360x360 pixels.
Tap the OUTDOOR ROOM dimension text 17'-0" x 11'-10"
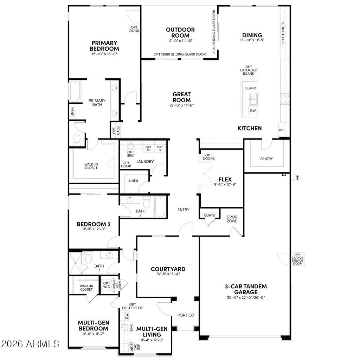180,41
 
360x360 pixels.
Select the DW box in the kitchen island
253,111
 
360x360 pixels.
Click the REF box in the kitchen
282,130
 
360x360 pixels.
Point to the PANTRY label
266,159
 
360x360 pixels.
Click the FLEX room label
225,179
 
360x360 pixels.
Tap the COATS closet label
209,215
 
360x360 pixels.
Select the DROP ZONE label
232,219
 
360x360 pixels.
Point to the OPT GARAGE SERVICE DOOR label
297,259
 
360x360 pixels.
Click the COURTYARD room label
168,269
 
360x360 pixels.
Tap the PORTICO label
186,315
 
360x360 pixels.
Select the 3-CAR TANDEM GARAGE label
246,289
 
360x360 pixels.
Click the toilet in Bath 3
88,259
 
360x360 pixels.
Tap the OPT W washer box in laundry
148,148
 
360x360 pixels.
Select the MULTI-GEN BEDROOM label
93,326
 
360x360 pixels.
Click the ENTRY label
183,210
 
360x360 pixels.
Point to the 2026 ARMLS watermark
30,343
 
